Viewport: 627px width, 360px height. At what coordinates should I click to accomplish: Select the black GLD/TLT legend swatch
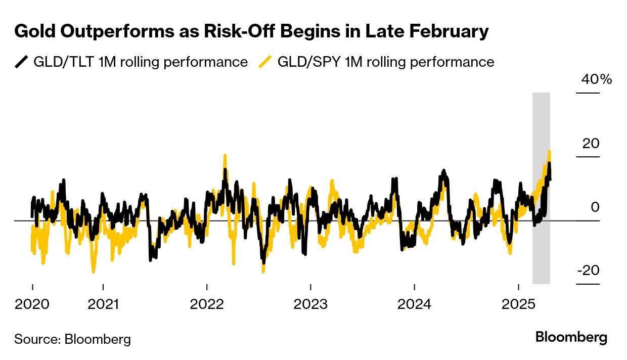(x=21, y=62)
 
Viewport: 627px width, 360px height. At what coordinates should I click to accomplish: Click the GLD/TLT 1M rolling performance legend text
(x=140, y=62)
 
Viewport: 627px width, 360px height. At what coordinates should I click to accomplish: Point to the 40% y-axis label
(x=596, y=79)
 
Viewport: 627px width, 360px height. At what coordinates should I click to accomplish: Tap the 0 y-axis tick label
(x=595, y=207)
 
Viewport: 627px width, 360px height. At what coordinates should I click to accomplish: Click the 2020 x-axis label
(x=32, y=305)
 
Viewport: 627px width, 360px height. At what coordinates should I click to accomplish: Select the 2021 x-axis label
(x=103, y=305)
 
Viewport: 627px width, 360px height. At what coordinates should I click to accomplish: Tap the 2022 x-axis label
(x=207, y=305)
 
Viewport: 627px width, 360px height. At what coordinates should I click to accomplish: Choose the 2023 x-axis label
(x=310, y=305)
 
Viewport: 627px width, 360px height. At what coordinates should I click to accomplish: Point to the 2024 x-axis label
(x=414, y=305)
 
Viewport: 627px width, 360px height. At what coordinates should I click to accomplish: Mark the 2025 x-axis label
(x=518, y=305)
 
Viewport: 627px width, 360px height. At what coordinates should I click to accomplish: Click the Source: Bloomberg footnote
(x=72, y=339)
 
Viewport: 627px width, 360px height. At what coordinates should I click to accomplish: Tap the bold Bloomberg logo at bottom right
(x=571, y=337)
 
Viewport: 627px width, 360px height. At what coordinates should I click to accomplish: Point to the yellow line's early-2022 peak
(x=225, y=156)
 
